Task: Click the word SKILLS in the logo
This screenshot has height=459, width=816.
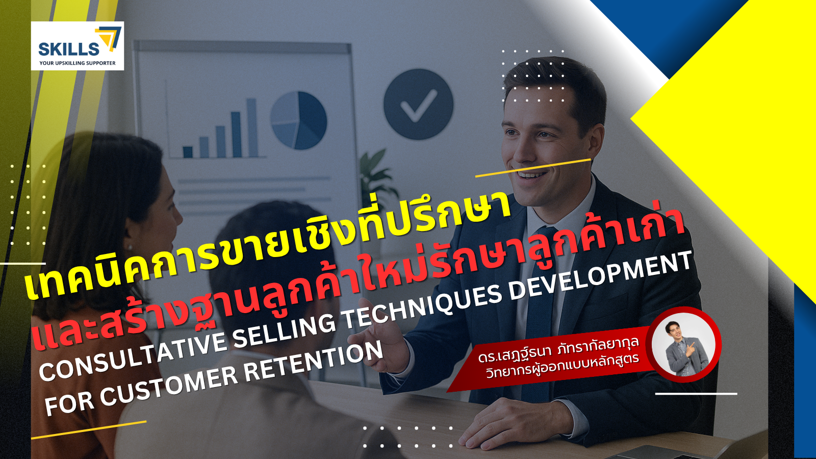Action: pos(68,49)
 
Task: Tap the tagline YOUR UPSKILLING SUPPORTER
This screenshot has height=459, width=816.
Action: pos(77,63)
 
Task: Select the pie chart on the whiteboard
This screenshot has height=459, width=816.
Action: pos(298,120)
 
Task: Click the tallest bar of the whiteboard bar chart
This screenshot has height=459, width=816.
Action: pos(252,127)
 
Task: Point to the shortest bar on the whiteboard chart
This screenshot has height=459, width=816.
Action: pos(188,152)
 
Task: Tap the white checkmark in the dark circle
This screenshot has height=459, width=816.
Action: pos(419,106)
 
